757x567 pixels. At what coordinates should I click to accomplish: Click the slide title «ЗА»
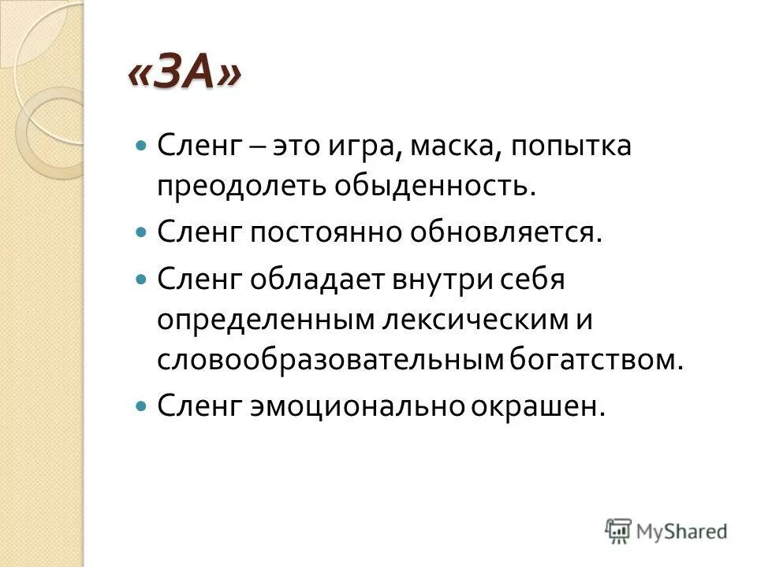185,77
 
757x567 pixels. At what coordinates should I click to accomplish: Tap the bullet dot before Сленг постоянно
141,233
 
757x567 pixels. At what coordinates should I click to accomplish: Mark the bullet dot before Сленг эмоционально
141,406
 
